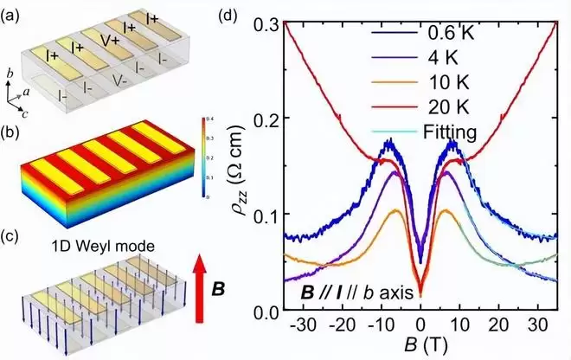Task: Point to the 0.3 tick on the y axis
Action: pos(274,25)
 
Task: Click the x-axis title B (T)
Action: pos(422,348)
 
